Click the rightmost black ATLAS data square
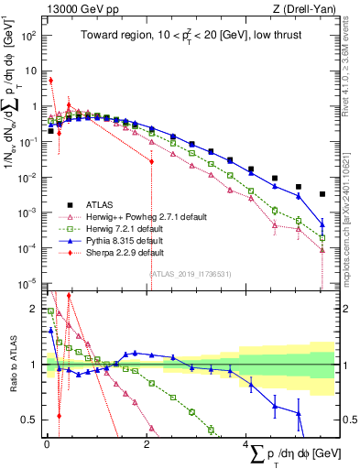(322, 194)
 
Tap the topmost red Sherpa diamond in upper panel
(51, 80)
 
